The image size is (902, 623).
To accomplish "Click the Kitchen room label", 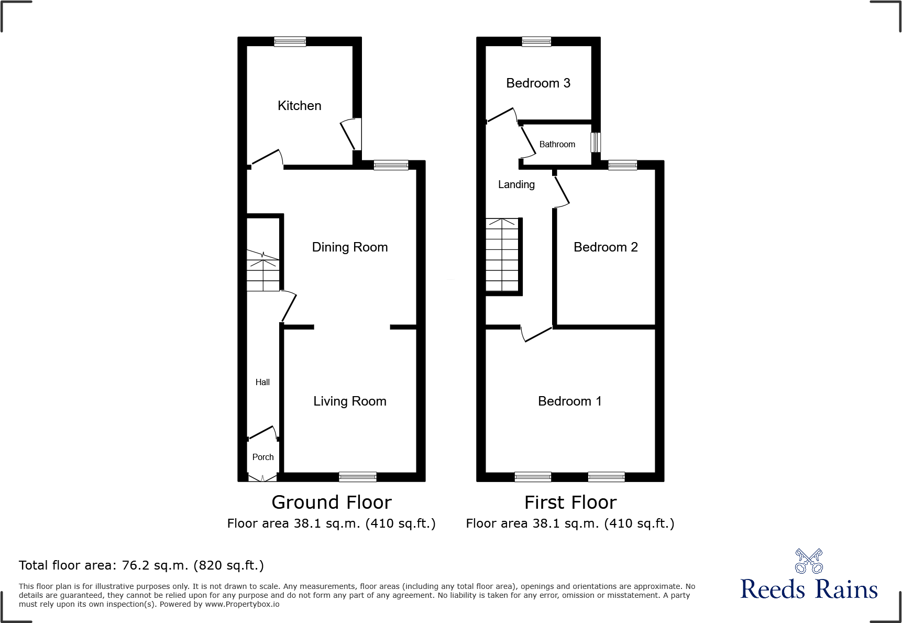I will tap(299, 106).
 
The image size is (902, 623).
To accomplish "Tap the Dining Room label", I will tap(350, 247).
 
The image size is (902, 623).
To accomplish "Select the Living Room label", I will tap(350, 401).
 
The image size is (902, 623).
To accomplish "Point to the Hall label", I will tap(262, 382).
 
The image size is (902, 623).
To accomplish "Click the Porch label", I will tap(263, 457).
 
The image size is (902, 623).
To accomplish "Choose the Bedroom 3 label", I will tap(538, 83).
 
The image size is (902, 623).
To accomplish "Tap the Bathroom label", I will tap(557, 145).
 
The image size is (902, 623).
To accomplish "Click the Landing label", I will tap(516, 184).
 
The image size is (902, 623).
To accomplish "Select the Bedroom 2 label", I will tap(606, 247).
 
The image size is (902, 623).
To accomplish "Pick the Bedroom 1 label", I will tap(570, 401).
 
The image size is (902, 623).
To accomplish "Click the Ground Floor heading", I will tap(332, 502).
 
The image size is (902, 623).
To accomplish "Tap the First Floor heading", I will tap(570, 502).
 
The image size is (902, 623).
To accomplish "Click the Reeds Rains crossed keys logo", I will tap(809, 561).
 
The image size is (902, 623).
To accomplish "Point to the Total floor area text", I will tap(141, 565).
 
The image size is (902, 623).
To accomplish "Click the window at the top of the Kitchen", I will tap(290, 41).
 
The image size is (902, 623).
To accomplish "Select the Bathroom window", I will tap(596, 143).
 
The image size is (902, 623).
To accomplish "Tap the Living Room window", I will tap(358, 477).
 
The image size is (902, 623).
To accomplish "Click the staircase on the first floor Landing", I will tap(502, 255).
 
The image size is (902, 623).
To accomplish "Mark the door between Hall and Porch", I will tap(262, 433).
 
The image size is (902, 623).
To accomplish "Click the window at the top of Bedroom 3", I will tap(536, 41).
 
